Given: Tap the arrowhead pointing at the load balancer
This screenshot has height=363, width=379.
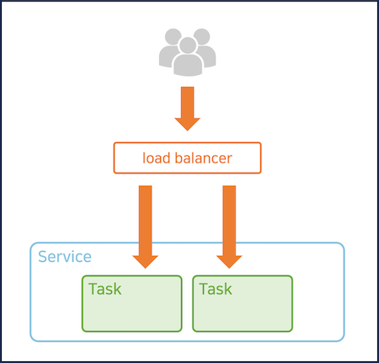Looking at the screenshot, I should coord(187,122).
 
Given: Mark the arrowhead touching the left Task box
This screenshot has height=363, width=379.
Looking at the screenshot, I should coord(145,259).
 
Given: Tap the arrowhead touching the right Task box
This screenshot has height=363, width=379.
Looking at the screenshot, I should coord(229,259).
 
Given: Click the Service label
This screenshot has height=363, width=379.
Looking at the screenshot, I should coord(65,256).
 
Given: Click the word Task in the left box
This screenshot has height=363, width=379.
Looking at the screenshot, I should coord(105,289).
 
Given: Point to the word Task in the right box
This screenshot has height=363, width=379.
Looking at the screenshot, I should coord(216,289).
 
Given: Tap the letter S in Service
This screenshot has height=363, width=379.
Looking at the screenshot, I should coord(44,256).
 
